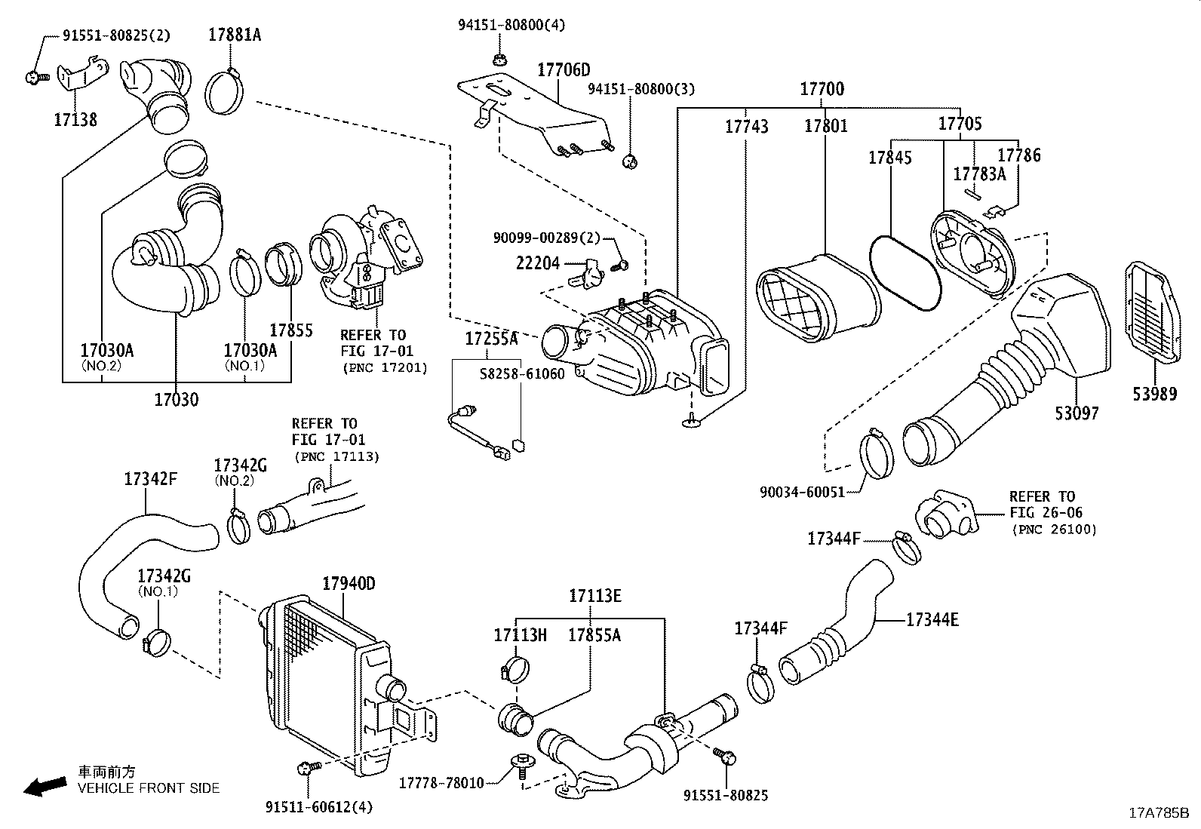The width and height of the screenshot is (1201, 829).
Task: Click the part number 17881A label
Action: point(235,35)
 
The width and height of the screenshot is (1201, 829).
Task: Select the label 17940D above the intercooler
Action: point(348,584)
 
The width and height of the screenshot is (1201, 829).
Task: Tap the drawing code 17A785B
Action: point(1158,813)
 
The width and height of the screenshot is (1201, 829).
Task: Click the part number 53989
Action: point(1154,394)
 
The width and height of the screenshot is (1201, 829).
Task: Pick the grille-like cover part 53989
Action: point(1154,313)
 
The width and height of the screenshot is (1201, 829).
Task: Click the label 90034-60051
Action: point(801,492)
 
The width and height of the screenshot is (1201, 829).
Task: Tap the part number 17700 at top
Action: point(822,89)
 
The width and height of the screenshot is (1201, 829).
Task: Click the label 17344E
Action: point(932,620)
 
